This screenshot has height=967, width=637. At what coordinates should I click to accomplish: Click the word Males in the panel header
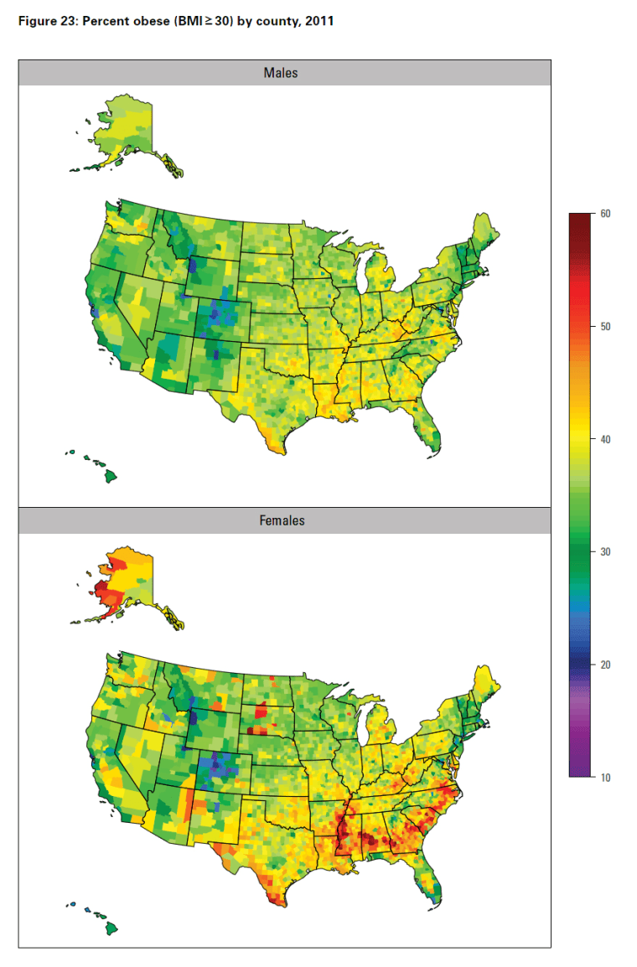281,73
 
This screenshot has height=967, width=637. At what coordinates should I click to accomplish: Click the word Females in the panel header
282,521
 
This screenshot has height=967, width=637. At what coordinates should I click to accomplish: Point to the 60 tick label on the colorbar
605,214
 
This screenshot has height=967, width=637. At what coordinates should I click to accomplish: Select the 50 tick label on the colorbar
605,327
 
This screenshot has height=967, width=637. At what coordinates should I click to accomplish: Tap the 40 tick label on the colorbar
605,439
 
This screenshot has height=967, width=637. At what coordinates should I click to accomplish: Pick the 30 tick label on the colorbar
605,552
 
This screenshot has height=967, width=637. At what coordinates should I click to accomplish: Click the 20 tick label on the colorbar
605,664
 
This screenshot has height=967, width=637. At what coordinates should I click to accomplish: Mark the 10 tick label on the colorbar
605,778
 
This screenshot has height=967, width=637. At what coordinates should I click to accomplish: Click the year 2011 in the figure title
318,21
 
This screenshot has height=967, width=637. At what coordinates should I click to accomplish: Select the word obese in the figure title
147,21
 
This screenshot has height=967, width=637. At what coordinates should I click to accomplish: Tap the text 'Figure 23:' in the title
47,21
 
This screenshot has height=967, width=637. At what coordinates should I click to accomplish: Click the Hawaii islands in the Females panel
107,925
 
